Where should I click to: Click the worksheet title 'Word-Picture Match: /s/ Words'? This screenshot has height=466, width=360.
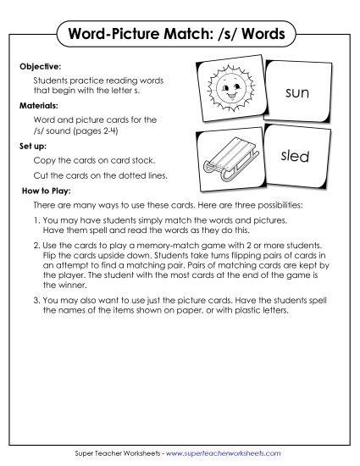[x=180, y=36]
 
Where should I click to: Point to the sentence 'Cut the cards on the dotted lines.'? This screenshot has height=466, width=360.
[x=100, y=175]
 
